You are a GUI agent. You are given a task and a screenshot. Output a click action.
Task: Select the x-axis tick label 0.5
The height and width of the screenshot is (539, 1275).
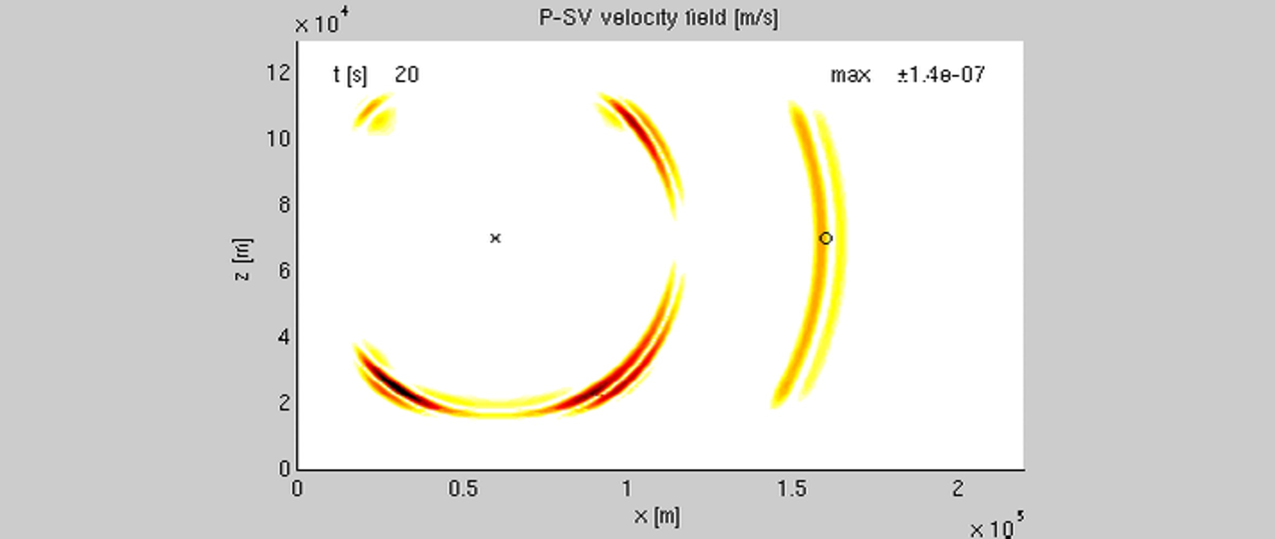[x=463, y=489]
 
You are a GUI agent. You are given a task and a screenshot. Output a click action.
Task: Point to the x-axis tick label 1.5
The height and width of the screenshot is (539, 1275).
[x=792, y=489]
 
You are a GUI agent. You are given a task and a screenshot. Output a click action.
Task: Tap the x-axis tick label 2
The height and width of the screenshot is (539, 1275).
[x=958, y=489]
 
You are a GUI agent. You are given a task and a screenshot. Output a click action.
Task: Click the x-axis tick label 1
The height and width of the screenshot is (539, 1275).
[x=627, y=489]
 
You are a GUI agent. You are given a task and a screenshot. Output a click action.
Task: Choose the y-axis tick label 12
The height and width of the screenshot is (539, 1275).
[x=278, y=73]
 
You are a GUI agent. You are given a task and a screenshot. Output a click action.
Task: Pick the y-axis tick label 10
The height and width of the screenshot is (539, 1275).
[x=278, y=139]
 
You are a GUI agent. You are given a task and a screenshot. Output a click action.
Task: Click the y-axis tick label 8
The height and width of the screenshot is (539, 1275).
[x=284, y=205]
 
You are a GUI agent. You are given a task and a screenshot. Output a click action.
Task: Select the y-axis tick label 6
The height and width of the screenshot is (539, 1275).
[x=284, y=271]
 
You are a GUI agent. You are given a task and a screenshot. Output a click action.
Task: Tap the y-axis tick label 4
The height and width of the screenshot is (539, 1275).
[x=284, y=336]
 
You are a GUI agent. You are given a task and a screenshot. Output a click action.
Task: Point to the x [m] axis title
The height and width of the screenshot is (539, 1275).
[x=657, y=517]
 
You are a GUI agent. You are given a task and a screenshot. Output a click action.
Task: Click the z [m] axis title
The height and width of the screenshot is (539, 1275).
[x=242, y=259]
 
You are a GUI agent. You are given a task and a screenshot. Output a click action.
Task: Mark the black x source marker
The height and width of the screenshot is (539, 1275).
[x=495, y=238]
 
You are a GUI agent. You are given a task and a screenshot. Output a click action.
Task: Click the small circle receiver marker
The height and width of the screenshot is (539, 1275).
[x=825, y=238]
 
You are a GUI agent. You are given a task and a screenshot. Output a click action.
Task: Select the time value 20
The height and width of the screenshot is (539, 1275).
[x=407, y=74]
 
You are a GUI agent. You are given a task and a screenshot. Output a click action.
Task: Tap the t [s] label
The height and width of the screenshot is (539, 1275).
[x=350, y=75]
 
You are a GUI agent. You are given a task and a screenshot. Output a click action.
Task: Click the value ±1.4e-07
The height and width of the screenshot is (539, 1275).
[x=941, y=74]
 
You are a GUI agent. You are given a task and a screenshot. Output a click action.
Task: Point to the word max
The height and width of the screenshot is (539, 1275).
[x=851, y=75]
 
